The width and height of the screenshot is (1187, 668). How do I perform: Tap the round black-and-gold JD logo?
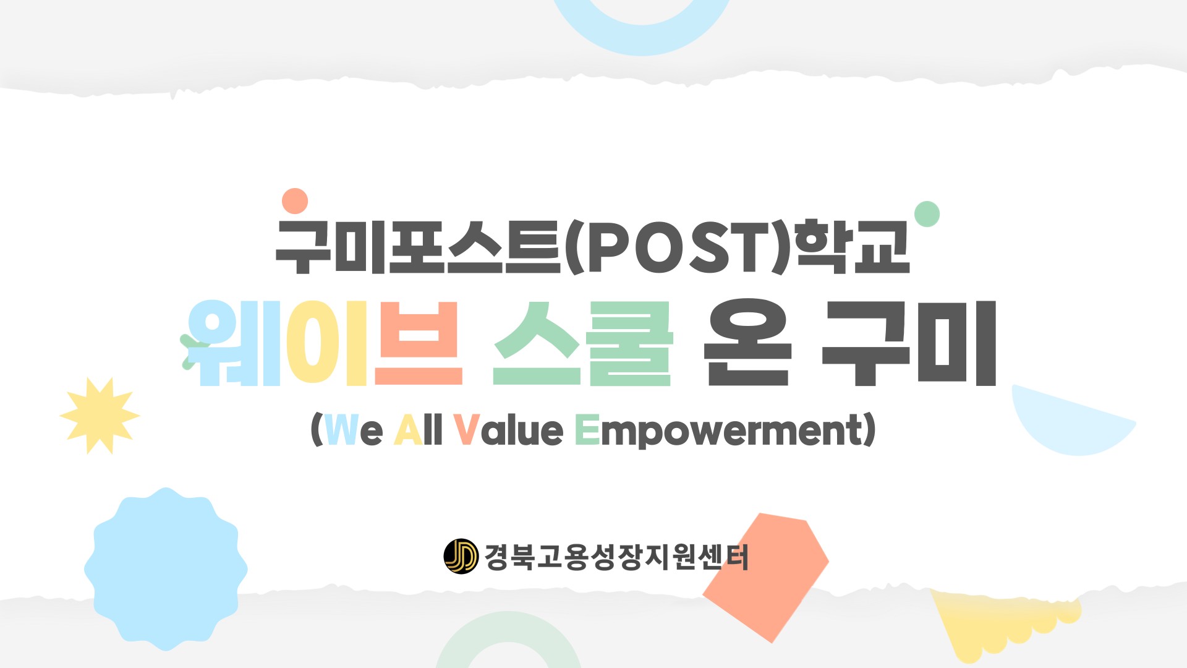pos(461,556)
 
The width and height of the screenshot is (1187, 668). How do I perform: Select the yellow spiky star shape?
pos(100,416)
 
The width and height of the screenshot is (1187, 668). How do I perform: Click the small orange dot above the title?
pos(295,201)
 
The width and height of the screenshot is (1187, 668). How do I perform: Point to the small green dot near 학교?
pos(927,214)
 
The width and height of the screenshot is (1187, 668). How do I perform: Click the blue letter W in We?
pos(341,429)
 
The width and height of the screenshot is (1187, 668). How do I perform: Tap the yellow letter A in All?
pos(408,429)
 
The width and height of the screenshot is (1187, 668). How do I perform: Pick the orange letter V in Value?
pos(467,429)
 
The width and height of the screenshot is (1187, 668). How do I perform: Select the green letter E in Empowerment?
pos(587,429)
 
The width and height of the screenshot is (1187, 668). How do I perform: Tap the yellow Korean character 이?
pos(327,343)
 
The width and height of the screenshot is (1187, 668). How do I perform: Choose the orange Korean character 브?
pos(419,343)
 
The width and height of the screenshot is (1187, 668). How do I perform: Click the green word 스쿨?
pos(582,343)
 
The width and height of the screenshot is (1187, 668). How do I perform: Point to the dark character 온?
pos(747,343)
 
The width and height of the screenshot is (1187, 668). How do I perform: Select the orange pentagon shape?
pos(766,577)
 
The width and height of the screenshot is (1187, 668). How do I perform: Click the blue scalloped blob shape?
pos(166,569)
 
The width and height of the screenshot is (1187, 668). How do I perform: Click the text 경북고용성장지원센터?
pos(616,557)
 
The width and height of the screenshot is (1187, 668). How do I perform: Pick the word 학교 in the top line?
pos(853,247)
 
